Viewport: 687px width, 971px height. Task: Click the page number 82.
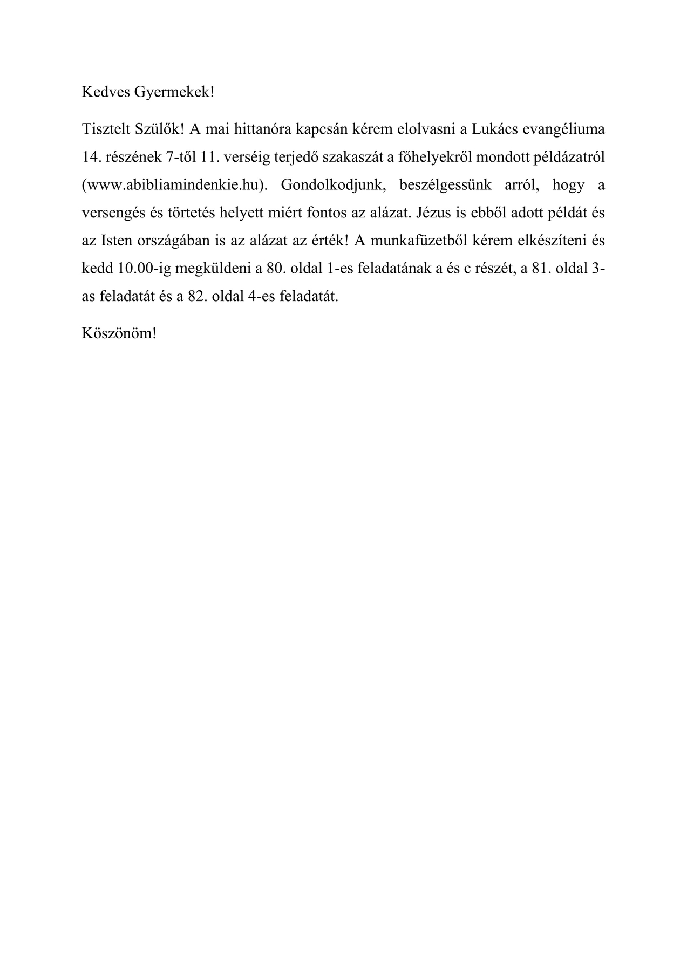[198, 296]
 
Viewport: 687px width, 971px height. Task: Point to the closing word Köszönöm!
[119, 333]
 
